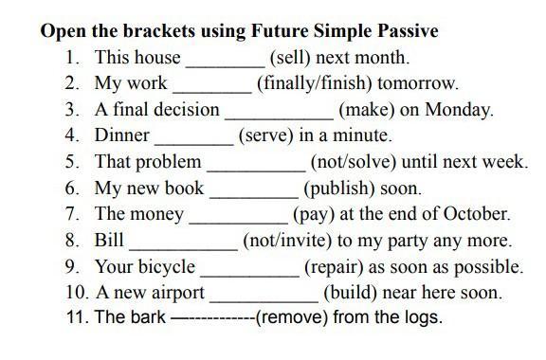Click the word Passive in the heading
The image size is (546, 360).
[408, 31]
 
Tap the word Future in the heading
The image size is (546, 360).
[280, 31]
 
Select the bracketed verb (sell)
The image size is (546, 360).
[290, 58]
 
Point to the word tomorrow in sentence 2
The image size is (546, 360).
[418, 83]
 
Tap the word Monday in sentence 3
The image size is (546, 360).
[459, 110]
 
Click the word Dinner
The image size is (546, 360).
[122, 135]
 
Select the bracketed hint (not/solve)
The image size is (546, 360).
[353, 162]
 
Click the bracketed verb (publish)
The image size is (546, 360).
[339, 189]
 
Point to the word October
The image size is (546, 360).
[477, 214]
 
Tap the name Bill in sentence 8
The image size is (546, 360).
[109, 240]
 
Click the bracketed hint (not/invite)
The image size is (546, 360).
[287, 241]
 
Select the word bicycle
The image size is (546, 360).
[167, 267]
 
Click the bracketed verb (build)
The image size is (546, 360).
[351, 293]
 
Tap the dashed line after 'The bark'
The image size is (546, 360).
[213, 317]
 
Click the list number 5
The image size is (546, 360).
[72, 162]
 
